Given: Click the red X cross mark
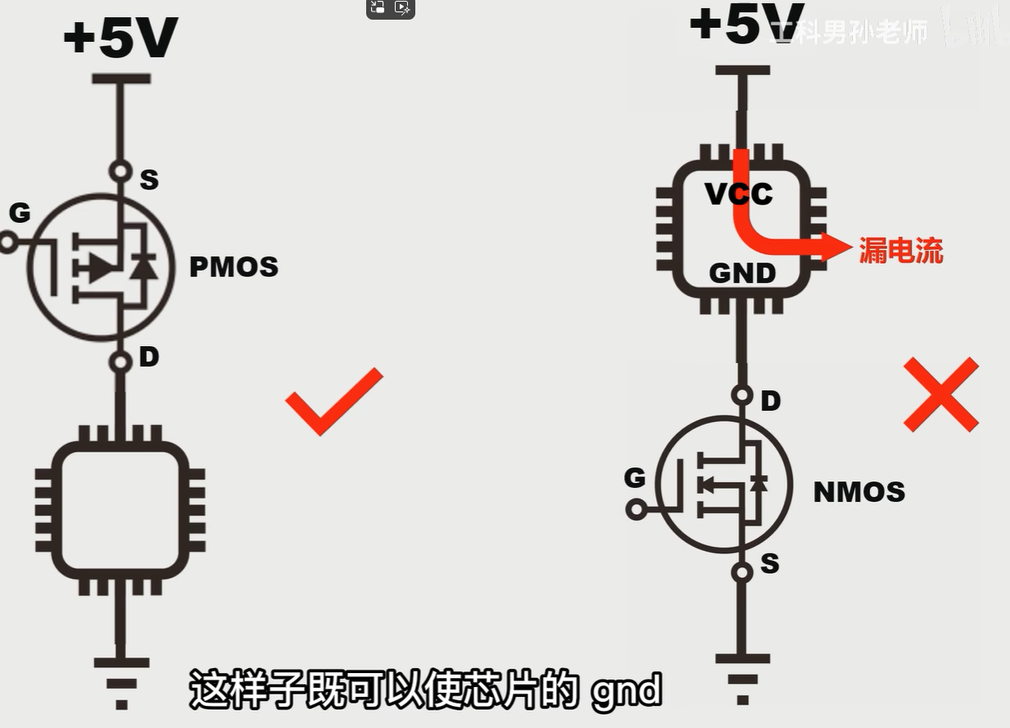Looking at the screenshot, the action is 940,394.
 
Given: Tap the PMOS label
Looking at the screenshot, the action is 233,267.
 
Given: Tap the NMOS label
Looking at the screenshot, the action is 858,492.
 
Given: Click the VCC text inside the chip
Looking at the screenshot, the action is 739,193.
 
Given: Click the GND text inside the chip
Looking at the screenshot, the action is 742,273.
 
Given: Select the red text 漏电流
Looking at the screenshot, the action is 900,250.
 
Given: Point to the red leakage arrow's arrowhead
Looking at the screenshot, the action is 837,246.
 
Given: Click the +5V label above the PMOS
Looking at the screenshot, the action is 120,39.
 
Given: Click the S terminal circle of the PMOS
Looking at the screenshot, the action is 121,171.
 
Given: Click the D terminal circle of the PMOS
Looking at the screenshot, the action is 121,362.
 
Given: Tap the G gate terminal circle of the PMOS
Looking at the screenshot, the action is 8,243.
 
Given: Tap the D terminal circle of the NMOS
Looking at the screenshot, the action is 742,395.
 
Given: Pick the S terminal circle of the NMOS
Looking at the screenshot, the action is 742,571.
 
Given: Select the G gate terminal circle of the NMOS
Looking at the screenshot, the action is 636,510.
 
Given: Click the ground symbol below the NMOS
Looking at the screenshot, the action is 742,676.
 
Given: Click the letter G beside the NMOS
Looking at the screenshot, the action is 635,477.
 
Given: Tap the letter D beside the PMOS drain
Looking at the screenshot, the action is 148,357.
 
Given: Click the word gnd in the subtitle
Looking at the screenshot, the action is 626,691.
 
